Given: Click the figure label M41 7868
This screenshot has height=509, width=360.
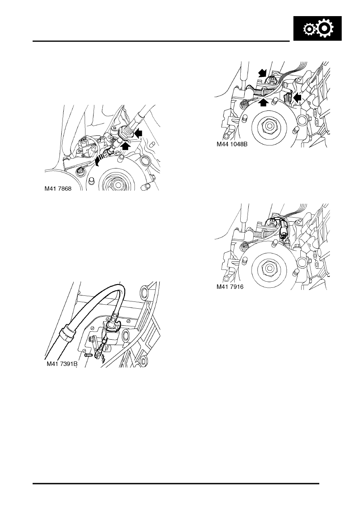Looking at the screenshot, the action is pyautogui.click(x=58, y=189).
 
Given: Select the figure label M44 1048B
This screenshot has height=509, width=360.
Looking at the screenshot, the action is pyautogui.click(x=232, y=144).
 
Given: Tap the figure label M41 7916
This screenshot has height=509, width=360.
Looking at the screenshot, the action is pyautogui.click(x=230, y=287).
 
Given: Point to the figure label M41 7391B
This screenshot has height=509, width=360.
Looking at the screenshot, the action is pyautogui.click(x=62, y=364).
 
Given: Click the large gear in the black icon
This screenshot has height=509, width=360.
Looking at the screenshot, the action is pyautogui.click(x=326, y=28).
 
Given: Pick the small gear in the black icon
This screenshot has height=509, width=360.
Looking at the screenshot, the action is pyautogui.click(x=308, y=29).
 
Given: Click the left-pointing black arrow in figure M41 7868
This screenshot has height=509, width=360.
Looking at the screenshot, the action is pyautogui.click(x=138, y=133).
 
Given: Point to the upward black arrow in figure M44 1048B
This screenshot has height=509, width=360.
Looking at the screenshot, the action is pyautogui.click(x=263, y=102).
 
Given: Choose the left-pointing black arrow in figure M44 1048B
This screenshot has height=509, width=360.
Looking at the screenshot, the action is pyautogui.click(x=297, y=98).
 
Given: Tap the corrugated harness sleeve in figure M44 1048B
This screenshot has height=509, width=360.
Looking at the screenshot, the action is pyautogui.click(x=261, y=93).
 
